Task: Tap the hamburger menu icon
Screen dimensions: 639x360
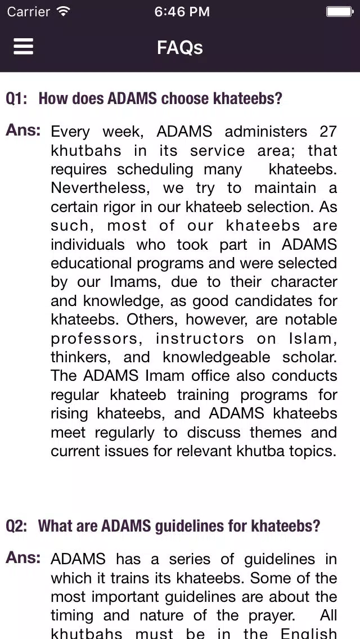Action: click(x=24, y=47)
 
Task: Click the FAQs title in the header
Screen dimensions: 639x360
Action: click(x=180, y=47)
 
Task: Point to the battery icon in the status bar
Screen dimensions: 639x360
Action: click(x=340, y=11)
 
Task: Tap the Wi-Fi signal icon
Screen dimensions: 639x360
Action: click(x=64, y=11)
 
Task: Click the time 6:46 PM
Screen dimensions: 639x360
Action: click(x=182, y=11)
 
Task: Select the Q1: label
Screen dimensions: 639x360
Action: click(x=16, y=99)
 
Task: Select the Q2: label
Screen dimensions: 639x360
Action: click(x=16, y=526)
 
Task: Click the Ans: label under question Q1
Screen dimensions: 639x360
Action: click(x=23, y=130)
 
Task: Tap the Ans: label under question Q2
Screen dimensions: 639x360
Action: click(x=23, y=558)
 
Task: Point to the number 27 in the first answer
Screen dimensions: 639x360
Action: click(x=328, y=132)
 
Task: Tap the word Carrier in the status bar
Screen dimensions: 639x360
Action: click(x=28, y=11)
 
